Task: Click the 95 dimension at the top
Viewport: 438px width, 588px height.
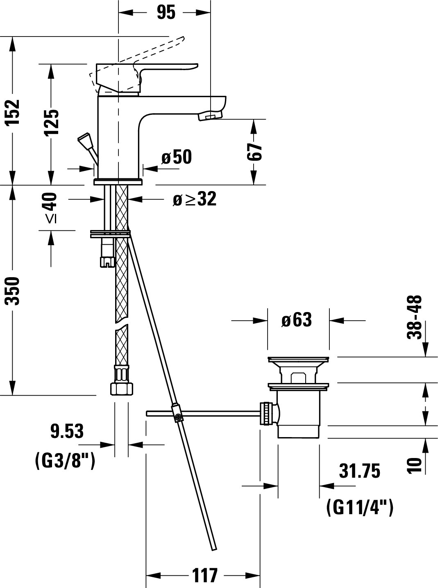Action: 166,12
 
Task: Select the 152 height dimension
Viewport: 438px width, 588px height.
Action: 13,112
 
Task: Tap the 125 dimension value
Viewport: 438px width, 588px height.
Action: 51,123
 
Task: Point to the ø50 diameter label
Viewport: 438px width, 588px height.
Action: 177,157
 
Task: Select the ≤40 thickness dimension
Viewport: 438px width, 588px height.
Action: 51,208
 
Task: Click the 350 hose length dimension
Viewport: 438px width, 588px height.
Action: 13,291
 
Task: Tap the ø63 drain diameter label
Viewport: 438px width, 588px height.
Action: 297,319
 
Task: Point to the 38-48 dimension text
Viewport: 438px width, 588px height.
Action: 414,317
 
